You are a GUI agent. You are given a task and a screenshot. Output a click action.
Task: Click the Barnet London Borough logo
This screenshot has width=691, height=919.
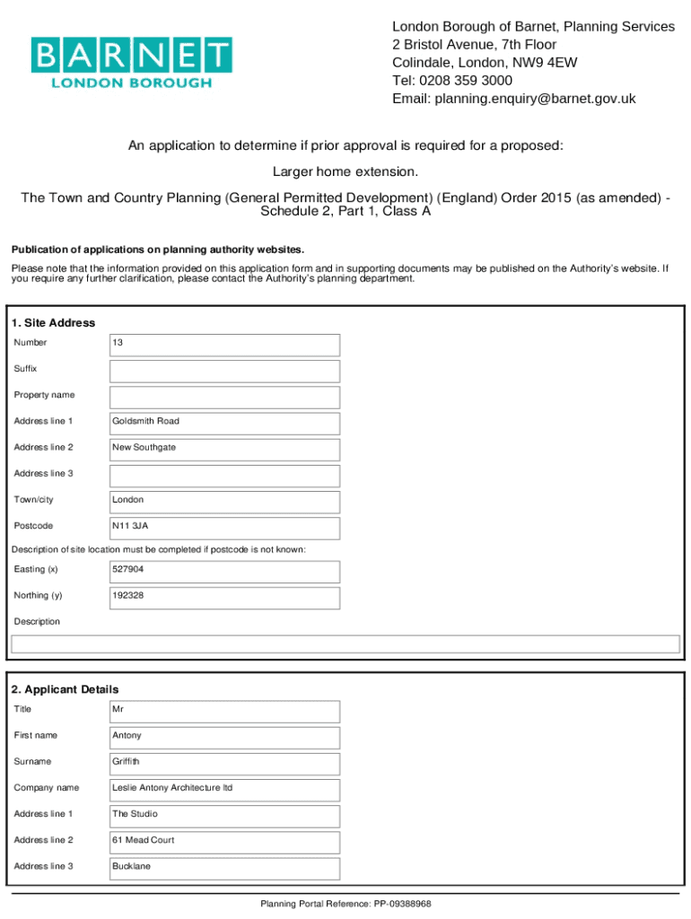tap(131, 63)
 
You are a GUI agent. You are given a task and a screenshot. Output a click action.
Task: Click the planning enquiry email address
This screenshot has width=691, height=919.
tap(535, 99)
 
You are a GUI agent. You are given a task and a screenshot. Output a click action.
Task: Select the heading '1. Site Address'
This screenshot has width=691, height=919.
tap(53, 323)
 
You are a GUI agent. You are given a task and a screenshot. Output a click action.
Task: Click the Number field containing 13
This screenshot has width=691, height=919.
tap(224, 345)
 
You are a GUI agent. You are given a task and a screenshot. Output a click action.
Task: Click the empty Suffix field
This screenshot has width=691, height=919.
tap(224, 371)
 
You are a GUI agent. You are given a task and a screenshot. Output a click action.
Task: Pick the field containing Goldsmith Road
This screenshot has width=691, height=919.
tap(224, 423)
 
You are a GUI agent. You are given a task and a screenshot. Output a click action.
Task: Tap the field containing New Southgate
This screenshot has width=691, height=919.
tap(224, 449)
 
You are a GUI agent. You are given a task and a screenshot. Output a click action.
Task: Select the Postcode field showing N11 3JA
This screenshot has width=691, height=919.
tap(224, 527)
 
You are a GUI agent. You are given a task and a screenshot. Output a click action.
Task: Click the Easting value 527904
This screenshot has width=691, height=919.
tap(224, 571)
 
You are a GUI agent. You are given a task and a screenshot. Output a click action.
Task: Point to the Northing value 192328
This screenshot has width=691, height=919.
tap(224, 597)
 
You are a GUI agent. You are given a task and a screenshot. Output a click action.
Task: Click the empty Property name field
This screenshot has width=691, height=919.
tap(224, 397)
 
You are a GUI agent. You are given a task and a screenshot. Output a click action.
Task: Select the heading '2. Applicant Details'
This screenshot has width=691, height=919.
tap(65, 689)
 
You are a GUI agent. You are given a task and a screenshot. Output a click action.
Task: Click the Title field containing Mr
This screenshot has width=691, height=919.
tap(224, 711)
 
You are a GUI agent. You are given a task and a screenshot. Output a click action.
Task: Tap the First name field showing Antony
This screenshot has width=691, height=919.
tap(224, 737)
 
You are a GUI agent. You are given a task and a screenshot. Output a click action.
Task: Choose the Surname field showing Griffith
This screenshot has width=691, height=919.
tap(224, 763)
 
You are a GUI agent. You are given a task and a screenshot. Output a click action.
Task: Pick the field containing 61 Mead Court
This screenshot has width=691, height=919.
tap(224, 842)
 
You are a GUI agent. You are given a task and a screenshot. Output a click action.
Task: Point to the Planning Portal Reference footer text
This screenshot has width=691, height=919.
tap(345, 904)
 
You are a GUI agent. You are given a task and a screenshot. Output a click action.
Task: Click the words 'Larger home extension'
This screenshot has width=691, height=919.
tap(345, 171)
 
